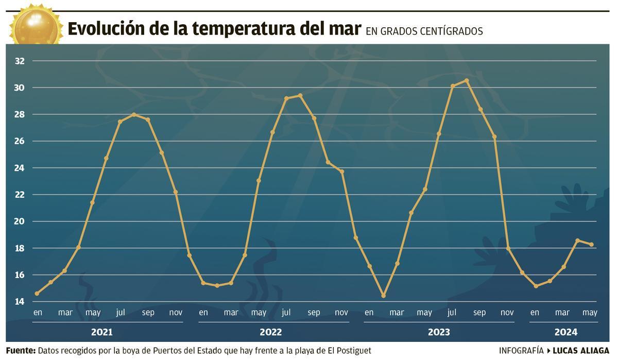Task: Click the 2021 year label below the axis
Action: pos(101,332)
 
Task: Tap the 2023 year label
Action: pos(438,332)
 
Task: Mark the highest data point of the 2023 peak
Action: pos(467,80)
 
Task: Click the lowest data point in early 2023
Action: pos(383,296)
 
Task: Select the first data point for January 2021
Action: pos(37,294)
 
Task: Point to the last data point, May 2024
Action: pos(591,245)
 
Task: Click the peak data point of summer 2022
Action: pos(300,95)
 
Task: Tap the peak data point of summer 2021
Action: pos(134,114)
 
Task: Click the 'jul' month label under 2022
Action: pos(286,313)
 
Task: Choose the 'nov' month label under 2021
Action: pos(176,313)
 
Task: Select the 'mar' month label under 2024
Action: pos(562,313)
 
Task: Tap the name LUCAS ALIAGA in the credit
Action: pos(580,351)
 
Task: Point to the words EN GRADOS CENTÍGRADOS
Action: pos(424,31)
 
